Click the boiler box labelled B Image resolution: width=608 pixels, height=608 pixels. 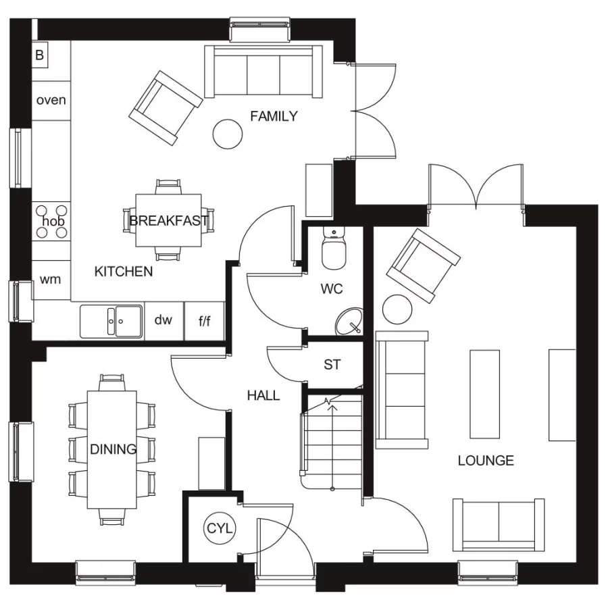39,55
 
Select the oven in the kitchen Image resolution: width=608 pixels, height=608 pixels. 51,101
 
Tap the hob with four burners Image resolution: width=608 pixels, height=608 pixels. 52,222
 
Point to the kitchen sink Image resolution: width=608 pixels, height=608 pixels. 111,321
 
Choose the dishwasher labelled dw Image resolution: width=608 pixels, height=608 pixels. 163,320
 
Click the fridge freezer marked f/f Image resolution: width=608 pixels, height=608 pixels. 204,321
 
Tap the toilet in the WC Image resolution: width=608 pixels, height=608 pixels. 333,249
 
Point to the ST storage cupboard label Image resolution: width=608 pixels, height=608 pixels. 332,365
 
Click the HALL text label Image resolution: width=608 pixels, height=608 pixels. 263,396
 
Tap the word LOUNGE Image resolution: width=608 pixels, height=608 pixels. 485,461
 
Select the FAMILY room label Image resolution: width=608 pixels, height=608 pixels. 274,116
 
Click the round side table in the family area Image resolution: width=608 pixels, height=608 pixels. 227,133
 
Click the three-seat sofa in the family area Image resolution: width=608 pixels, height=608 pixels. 263,72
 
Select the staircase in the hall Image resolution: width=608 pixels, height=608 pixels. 331,442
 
